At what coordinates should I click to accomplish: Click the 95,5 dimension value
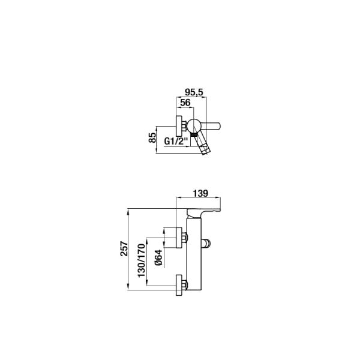click(194, 92)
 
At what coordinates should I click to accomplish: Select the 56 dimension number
click(185, 103)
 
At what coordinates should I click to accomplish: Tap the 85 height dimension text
click(152, 138)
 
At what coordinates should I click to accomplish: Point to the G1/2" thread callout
click(176, 141)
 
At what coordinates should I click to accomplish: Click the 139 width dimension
click(200, 193)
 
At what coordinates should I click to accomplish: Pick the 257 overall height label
click(124, 248)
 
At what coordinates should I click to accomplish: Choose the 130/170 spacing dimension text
click(142, 260)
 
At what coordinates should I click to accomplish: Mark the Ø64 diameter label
click(158, 257)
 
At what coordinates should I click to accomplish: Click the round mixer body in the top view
click(194, 126)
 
